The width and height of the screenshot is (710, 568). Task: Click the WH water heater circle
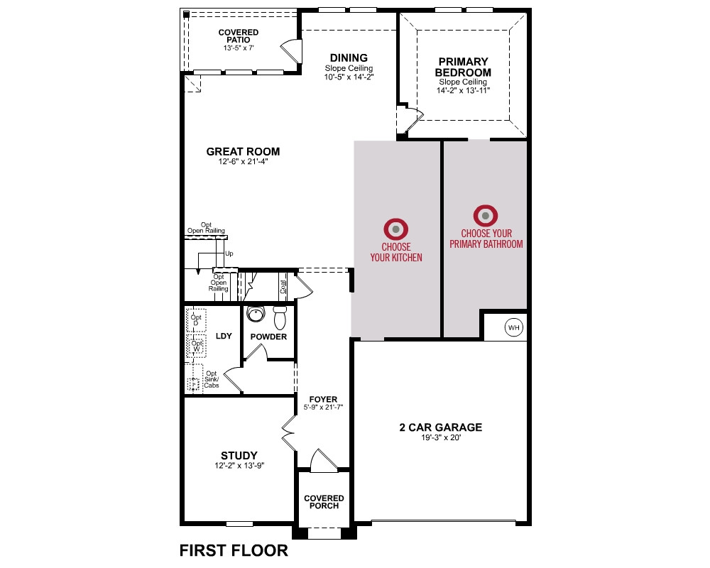pyautogui.click(x=513, y=327)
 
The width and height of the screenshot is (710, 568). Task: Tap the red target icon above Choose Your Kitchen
pyautogui.click(x=395, y=229)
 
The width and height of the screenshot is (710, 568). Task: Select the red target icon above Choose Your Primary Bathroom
pyautogui.click(x=486, y=216)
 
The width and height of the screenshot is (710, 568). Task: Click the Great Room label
pyautogui.click(x=243, y=152)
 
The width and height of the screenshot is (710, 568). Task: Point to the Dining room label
pyautogui.click(x=349, y=58)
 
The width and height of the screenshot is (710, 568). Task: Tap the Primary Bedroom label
pyautogui.click(x=463, y=67)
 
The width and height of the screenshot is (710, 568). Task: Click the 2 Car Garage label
pyautogui.click(x=441, y=427)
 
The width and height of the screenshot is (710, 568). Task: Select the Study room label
pyautogui.click(x=239, y=456)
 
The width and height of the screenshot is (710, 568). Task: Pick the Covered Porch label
pyautogui.click(x=324, y=502)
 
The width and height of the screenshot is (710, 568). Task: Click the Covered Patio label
pyautogui.click(x=238, y=35)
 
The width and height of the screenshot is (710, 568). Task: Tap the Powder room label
pyautogui.click(x=268, y=337)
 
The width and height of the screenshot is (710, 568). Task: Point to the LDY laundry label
pyautogui.click(x=224, y=336)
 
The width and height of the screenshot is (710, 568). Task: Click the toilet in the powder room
pyautogui.click(x=280, y=317)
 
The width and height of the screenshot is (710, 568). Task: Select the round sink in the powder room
pyautogui.click(x=256, y=314)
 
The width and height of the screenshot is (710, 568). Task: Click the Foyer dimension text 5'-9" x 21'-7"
pyautogui.click(x=323, y=408)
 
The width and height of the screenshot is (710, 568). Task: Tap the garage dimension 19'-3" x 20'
pyautogui.click(x=441, y=437)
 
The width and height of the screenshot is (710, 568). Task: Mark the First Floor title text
pyautogui.click(x=234, y=550)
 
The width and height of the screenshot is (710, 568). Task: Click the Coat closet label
pyautogui.click(x=283, y=287)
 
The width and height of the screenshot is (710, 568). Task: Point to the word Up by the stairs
pyautogui.click(x=229, y=253)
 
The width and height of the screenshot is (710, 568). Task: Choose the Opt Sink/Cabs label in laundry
pyautogui.click(x=212, y=380)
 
